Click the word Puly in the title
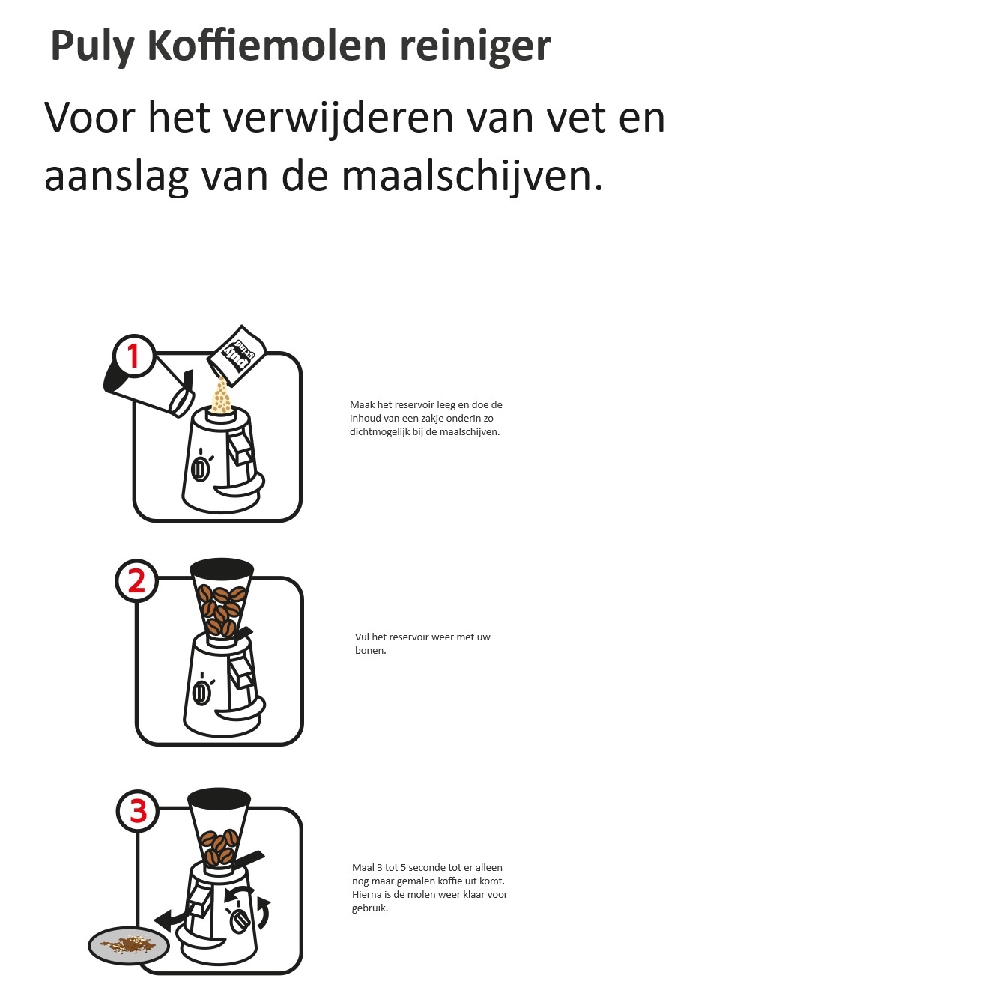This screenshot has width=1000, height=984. click(x=92, y=46)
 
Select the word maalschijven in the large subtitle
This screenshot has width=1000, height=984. click(x=465, y=177)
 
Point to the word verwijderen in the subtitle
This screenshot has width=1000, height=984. click(x=339, y=119)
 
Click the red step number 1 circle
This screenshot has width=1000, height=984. click(x=133, y=356)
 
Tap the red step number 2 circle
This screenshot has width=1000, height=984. click(x=136, y=581)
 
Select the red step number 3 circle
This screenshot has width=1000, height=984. click(x=138, y=811)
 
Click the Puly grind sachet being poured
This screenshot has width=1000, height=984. click(x=237, y=355)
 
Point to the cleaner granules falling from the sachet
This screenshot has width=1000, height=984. click(x=222, y=395)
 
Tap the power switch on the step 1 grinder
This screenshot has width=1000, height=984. click(x=200, y=469)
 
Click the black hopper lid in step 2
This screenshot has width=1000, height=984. click(x=222, y=567)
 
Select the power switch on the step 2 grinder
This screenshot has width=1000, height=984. click(x=201, y=693)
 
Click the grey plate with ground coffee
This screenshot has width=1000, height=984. click(x=129, y=945)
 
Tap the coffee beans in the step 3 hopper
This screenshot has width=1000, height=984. click(x=219, y=847)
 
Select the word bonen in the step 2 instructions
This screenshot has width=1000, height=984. click(x=370, y=650)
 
